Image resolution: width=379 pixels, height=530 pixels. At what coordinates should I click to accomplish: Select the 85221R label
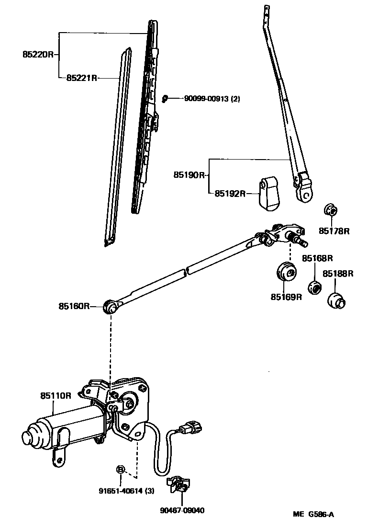pos(82,77)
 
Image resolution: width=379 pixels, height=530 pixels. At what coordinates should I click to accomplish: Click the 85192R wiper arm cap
pos(269,193)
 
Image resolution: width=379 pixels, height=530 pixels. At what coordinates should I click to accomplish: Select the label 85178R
pos(334,231)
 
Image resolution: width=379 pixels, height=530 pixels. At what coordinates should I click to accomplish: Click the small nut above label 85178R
pos(330,210)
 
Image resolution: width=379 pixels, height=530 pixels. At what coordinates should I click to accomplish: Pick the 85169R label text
pos(286,297)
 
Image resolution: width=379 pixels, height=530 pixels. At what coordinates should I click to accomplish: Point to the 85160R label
pos(74,306)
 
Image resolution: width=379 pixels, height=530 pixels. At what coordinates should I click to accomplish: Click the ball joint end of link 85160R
pos(111,307)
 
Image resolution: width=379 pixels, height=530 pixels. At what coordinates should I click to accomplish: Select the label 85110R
pos(56,395)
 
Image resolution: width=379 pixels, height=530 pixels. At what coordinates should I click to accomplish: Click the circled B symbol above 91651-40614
pos(121,469)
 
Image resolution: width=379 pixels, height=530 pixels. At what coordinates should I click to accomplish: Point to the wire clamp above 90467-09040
pos(178,485)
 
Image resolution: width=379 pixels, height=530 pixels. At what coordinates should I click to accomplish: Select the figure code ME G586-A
pos(313,515)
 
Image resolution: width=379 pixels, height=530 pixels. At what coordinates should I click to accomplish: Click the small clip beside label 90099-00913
pos(165,98)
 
